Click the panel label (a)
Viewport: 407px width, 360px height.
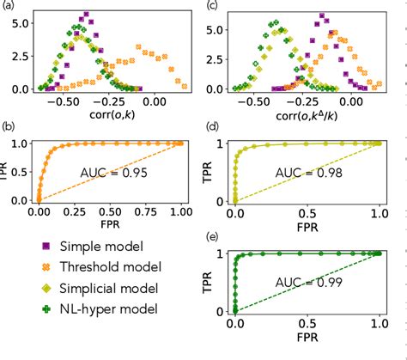[x=9, y=7]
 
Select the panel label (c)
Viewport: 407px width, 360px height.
[x=210, y=7]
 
